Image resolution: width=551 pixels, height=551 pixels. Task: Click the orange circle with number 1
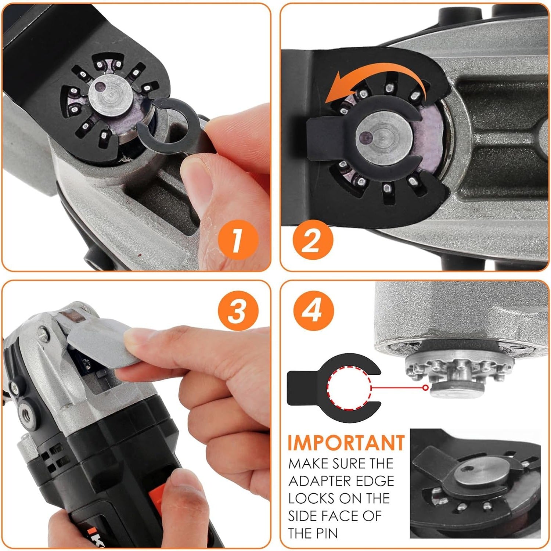238,239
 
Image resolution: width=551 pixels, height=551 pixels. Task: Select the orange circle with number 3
238,311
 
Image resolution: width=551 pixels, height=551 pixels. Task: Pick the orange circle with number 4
313,311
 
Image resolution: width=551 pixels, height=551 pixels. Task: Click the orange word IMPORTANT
346,443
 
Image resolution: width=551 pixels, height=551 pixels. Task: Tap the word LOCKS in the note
311,498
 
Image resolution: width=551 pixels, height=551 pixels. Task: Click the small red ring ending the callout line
425,388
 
